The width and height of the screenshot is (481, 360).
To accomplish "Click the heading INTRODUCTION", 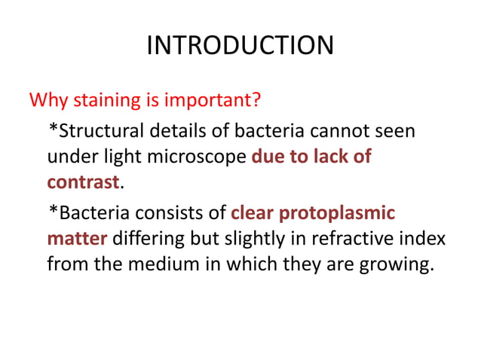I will tap(240, 46).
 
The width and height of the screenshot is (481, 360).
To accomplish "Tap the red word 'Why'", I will tap(47, 100).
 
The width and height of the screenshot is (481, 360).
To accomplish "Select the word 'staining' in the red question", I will tap(103, 100).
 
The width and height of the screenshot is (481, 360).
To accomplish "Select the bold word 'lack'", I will tap(322, 157).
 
